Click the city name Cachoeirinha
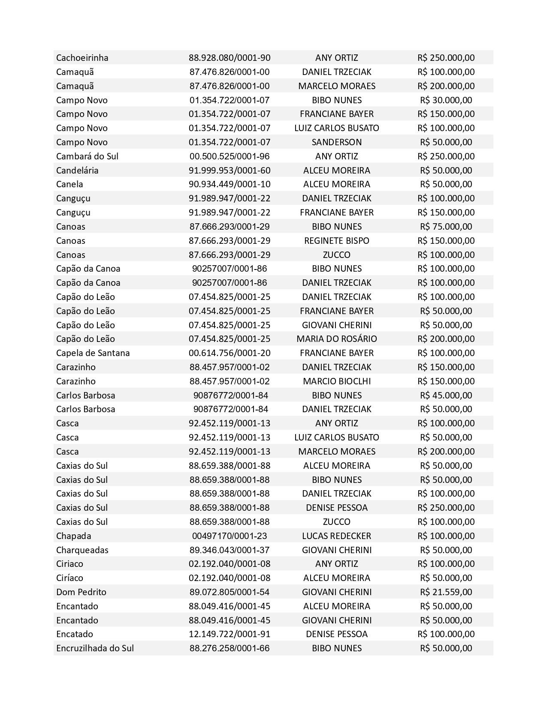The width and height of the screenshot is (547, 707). pos(82,58)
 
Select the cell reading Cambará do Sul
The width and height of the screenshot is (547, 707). pos(87,156)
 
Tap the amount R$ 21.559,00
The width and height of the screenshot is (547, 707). pos(446,592)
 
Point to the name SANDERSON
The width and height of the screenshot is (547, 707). pos(336,142)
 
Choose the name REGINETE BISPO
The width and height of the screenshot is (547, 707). pos(336,241)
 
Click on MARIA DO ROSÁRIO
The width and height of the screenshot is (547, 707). pos(336,339)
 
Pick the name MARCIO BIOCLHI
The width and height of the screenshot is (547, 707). pos(336,381)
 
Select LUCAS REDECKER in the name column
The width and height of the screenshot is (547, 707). pos(336,536)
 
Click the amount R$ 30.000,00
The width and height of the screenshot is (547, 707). pos(446,100)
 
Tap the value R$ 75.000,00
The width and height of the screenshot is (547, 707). pos(446,227)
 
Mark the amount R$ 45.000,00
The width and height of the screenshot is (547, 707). pos(446,395)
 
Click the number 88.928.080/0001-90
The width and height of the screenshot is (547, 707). pos(230,58)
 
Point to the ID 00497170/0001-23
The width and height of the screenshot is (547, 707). pos(230,536)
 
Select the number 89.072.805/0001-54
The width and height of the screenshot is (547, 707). pos(230,592)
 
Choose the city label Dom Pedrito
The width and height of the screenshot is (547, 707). pos(81,592)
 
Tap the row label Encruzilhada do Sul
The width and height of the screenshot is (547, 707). pos(95,648)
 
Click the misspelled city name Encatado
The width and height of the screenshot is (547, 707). pos(75,634)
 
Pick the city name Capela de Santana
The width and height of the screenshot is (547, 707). pos(93,353)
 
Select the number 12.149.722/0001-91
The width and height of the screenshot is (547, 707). pos(230,634)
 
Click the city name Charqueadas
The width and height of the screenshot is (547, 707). pos(82,550)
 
